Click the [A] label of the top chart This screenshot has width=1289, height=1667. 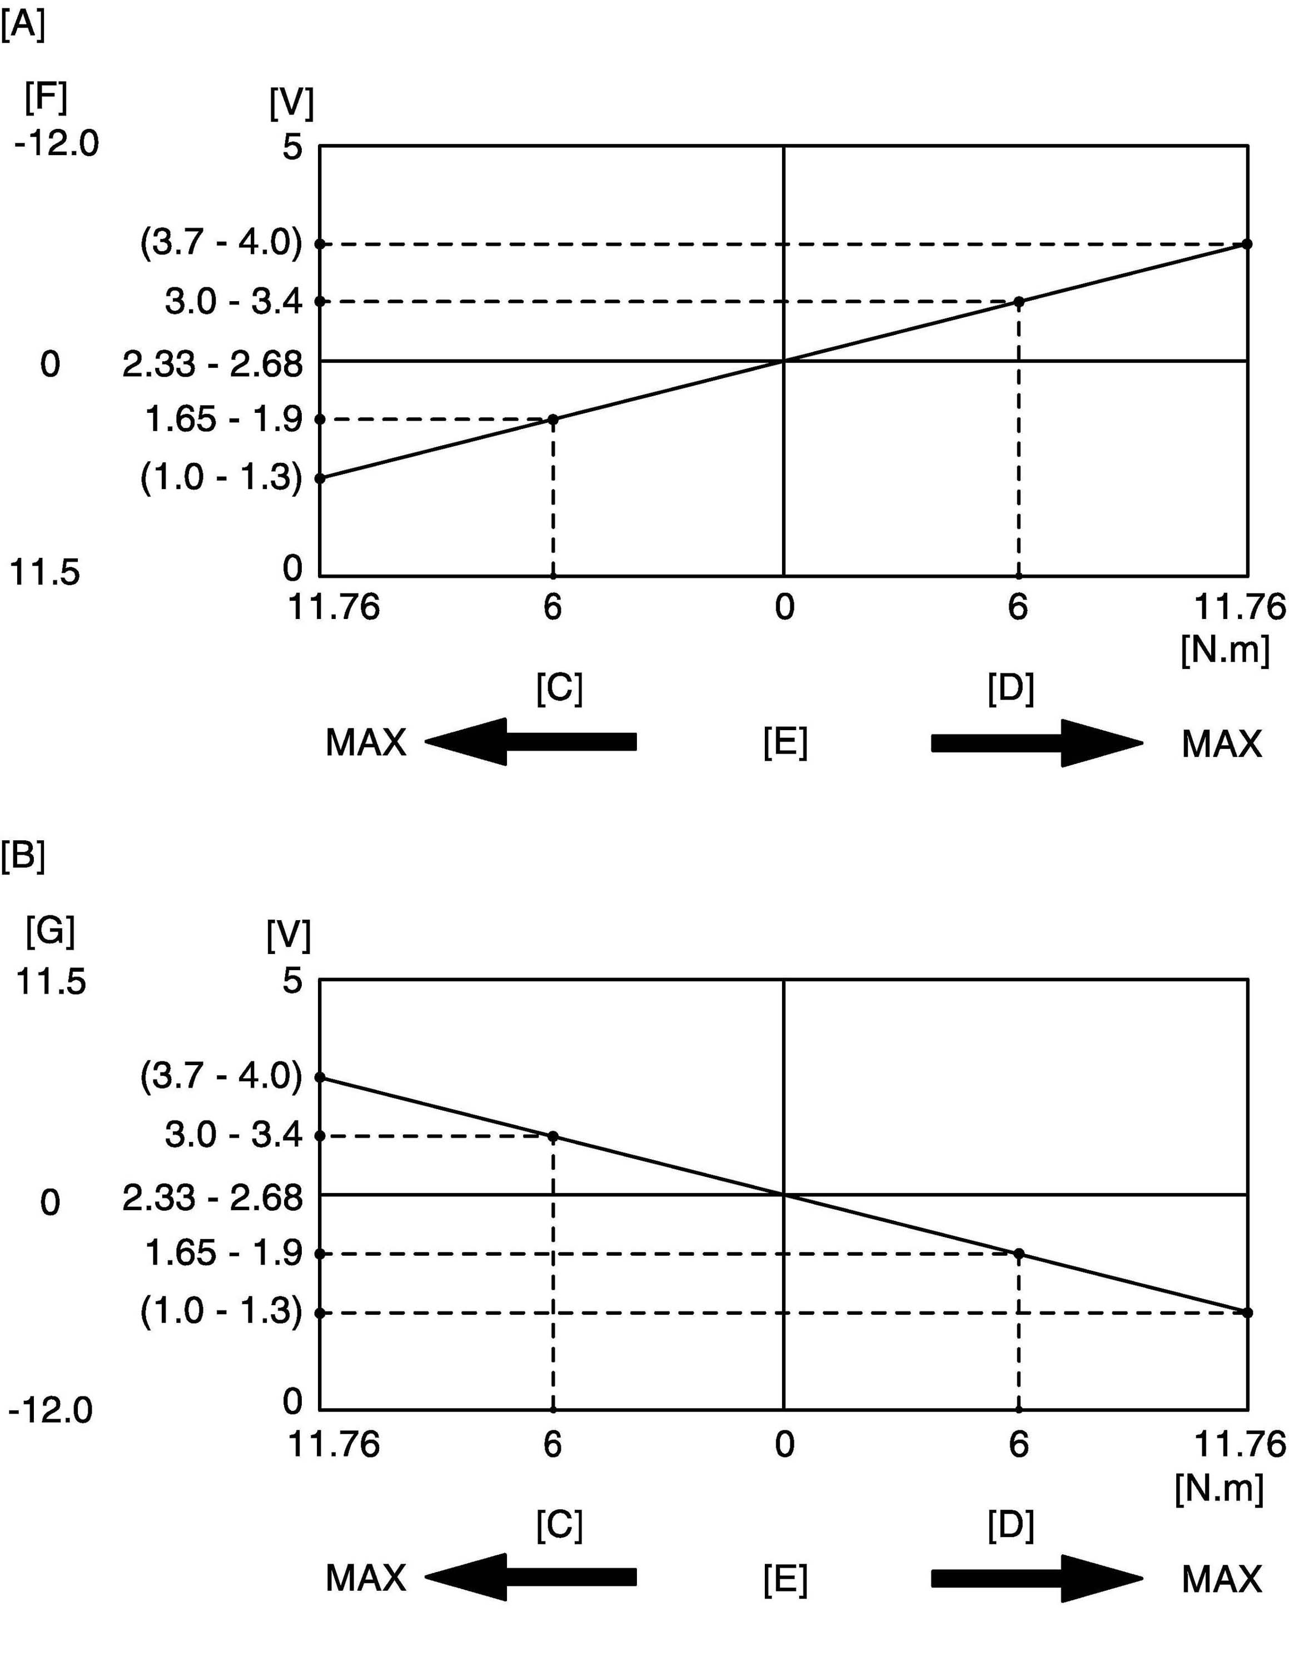23,26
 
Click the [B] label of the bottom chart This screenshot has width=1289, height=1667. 23,856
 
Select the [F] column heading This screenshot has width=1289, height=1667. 46,97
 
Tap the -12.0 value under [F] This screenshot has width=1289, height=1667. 57,143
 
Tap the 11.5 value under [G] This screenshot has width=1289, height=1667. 51,981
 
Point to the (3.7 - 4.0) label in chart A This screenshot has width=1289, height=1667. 221,243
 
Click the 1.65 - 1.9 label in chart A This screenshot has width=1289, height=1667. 224,419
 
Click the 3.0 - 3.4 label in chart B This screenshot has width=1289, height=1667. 233,1136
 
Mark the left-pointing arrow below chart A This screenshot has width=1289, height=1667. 531,741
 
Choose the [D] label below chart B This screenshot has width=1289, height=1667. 1011,1525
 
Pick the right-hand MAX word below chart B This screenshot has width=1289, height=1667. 1222,1579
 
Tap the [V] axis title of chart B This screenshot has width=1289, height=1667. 288,935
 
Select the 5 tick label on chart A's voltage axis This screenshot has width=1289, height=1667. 292,147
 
